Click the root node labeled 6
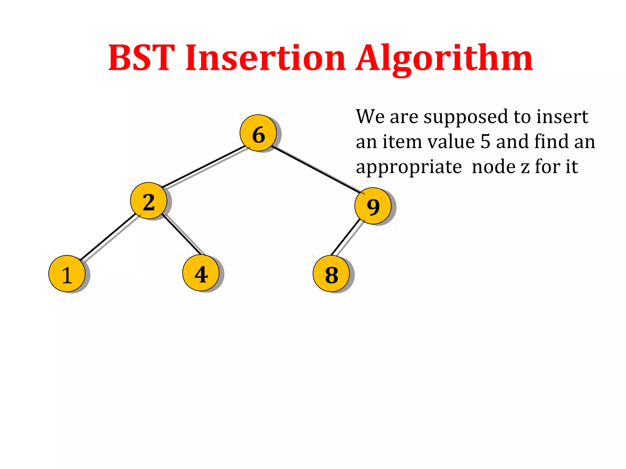point(258,133)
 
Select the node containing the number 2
point(149,201)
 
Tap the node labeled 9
point(373,206)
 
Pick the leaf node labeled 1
point(67,274)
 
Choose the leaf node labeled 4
point(201,273)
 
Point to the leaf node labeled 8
point(331,274)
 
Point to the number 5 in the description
point(485,142)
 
